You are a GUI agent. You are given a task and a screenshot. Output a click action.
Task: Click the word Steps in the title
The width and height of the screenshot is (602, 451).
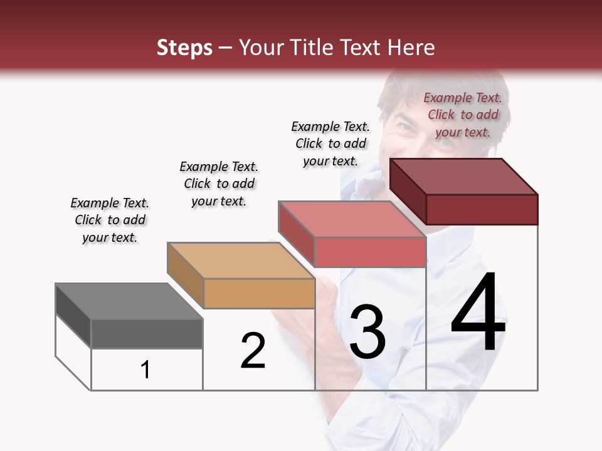(184, 48)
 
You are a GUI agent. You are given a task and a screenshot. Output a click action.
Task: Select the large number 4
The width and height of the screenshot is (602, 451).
(478, 313)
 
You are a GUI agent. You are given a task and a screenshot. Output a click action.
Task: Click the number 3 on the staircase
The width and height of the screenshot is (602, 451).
(367, 332)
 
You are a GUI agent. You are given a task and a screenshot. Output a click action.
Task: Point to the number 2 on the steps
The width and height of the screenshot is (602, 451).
(253, 351)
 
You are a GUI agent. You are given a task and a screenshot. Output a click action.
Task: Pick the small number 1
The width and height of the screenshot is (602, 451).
(145, 370)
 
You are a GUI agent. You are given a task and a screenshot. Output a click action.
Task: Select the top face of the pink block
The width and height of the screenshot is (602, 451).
(352, 220)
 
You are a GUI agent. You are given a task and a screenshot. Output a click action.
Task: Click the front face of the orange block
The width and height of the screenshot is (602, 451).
(260, 293)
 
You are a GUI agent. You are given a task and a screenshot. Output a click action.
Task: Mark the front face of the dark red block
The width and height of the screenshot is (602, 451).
(482, 209)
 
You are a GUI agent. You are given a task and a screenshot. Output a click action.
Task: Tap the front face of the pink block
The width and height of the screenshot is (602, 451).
(370, 252)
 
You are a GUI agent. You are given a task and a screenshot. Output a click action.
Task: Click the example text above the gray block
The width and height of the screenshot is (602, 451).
(110, 220)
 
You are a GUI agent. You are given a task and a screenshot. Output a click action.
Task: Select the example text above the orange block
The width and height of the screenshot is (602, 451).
(219, 184)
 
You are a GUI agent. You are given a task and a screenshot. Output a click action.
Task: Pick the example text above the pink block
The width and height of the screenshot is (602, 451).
(330, 143)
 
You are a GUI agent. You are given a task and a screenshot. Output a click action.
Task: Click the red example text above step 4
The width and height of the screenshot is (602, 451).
(463, 115)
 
